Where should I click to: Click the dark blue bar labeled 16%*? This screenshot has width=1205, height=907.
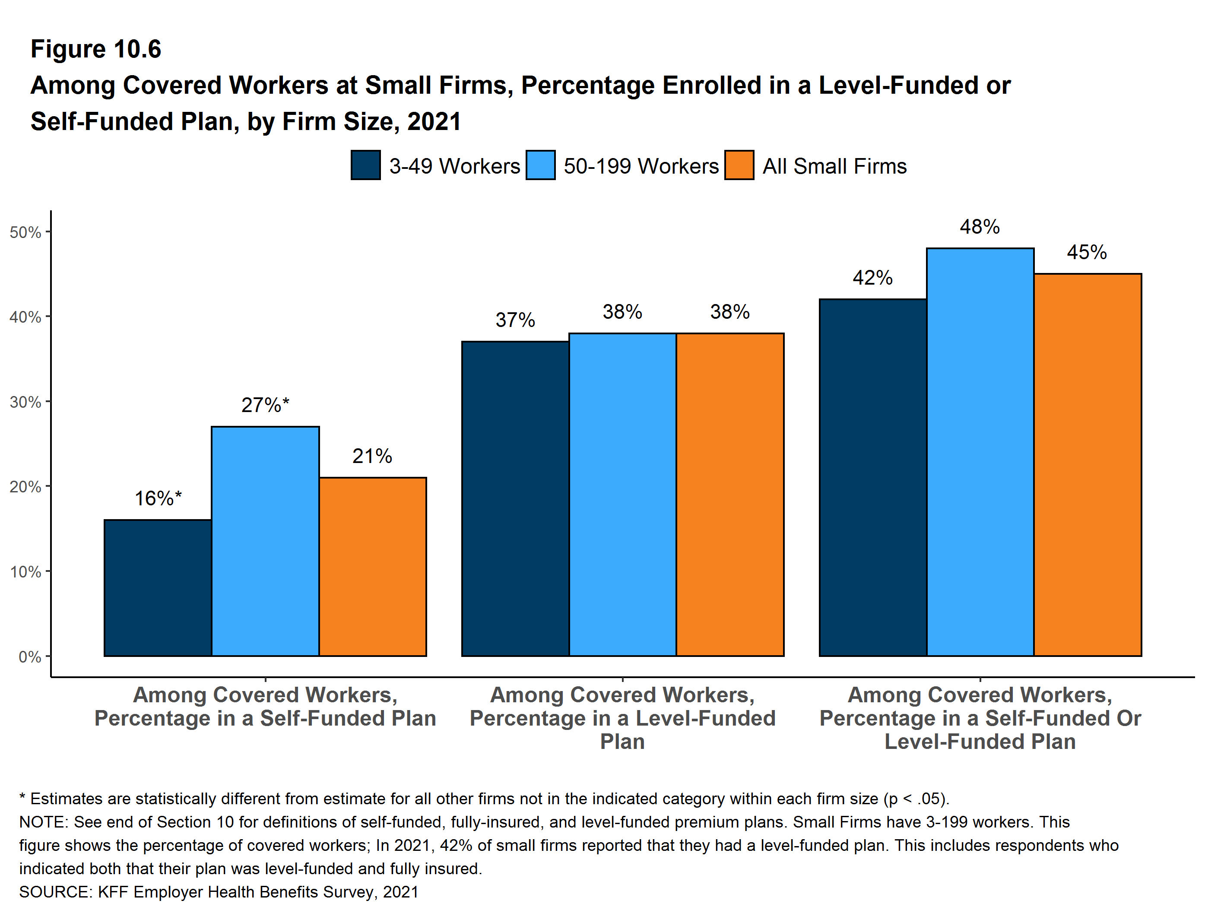coord(158,588)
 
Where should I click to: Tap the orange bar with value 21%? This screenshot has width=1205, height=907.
coord(373,567)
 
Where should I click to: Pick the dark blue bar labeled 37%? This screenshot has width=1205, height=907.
coord(515,498)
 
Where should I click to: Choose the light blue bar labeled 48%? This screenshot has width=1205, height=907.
coord(980,452)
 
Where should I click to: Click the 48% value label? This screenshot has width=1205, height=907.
coord(980,227)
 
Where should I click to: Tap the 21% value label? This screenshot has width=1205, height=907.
coord(372,456)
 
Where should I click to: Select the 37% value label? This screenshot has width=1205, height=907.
coord(515,320)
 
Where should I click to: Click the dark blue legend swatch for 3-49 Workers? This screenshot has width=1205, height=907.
coord(365,165)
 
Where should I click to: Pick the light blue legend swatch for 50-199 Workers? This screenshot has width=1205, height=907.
coord(540,165)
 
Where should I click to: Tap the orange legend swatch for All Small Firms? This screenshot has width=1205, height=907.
coord(739,165)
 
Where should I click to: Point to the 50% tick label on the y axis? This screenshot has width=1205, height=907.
coord(25,233)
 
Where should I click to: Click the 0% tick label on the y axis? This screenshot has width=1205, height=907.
coord(30,657)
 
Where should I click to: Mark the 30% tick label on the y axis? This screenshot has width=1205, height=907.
coord(25,403)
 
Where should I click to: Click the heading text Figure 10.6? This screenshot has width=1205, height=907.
coord(96,49)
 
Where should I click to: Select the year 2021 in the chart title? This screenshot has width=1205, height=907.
coord(434,121)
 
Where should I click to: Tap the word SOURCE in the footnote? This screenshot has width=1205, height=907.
coord(54,892)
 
